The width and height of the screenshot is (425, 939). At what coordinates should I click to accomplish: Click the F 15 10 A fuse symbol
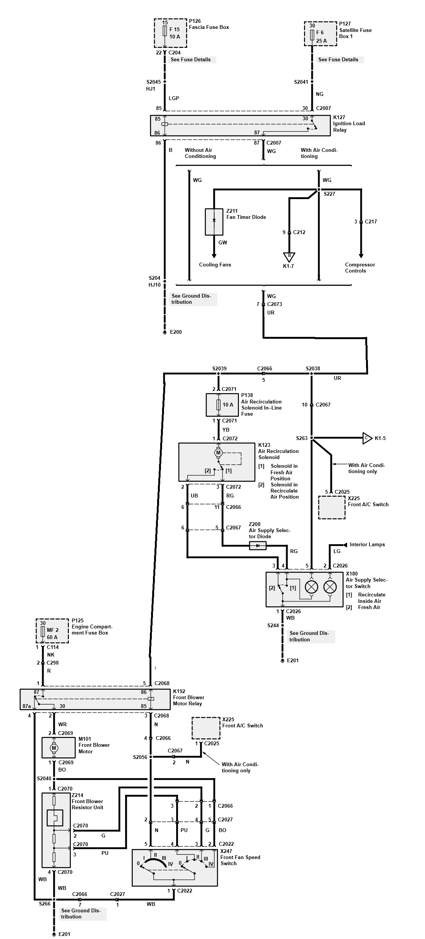(165, 31)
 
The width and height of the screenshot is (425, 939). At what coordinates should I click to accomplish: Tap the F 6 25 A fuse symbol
(312, 35)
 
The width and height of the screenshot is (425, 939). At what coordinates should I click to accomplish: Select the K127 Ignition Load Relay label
(349, 124)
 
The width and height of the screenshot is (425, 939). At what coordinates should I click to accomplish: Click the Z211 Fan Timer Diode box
(214, 222)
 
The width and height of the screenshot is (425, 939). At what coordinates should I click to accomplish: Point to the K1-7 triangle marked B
(289, 257)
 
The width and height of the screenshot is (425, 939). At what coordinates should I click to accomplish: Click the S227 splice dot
(319, 190)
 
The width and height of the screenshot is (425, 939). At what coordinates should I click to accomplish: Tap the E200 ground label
(175, 332)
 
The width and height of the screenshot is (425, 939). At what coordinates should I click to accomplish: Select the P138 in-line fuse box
(222, 405)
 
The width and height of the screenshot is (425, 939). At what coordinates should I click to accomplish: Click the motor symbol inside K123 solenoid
(218, 453)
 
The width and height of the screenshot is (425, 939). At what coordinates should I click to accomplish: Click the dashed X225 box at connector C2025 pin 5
(331, 507)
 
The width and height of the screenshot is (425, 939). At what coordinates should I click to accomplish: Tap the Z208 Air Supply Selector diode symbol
(258, 546)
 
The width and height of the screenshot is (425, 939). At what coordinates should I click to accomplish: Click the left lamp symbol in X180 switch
(312, 587)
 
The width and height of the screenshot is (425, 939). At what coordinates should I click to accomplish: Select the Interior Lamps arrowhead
(345, 545)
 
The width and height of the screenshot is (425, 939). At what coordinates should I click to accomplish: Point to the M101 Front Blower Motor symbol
(54, 748)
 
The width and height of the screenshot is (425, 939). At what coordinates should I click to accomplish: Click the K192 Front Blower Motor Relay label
(188, 697)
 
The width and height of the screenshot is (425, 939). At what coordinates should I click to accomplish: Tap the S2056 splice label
(140, 757)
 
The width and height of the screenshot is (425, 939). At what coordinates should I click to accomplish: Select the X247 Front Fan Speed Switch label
(240, 857)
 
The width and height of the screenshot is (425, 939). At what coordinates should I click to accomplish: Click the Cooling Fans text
(215, 265)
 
